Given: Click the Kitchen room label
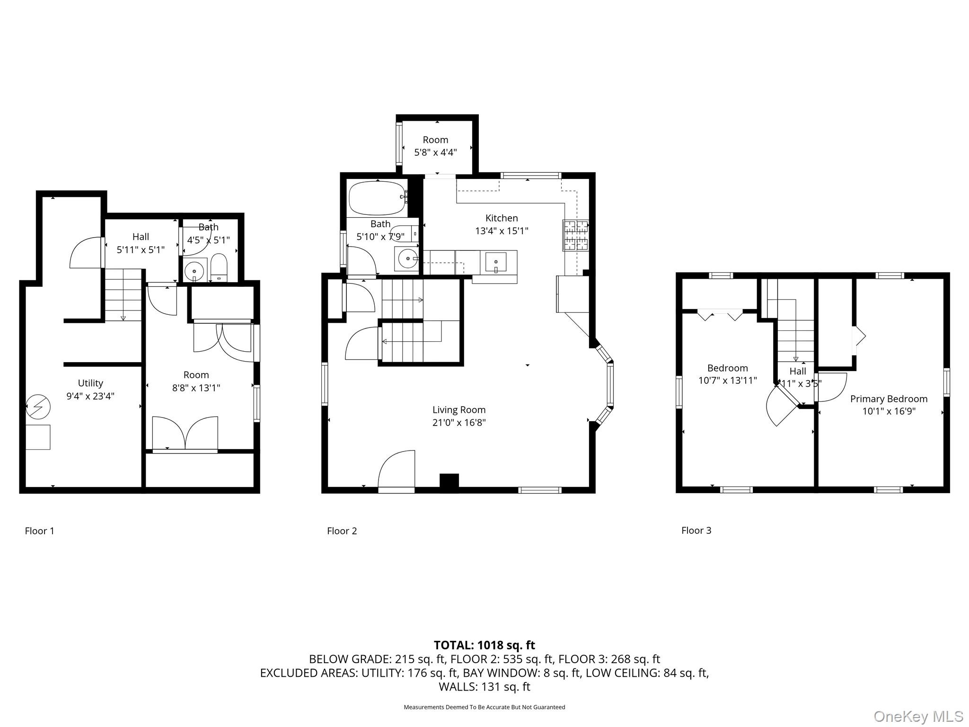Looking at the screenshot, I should pos(502,218).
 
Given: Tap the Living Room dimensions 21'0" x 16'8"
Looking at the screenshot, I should pos(459,423).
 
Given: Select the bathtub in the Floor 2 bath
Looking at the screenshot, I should pos(377,198).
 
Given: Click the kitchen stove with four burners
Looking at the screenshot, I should pos(575,235).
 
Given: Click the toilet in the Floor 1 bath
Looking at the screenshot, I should pos(219,268).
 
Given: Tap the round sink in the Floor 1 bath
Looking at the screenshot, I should pos(194,271).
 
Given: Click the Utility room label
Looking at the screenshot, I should pos(90,383).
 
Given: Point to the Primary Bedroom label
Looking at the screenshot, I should pos(889,399).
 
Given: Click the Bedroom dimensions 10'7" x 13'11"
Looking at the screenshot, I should pos(728,381).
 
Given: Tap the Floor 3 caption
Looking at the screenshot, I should pos(696,531).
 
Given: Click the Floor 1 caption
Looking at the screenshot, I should pos(39,531).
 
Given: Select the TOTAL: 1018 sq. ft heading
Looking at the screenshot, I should pos(484,645).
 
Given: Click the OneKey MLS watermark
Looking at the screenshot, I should pos(918,716).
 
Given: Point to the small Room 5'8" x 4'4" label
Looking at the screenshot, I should pos(435,146).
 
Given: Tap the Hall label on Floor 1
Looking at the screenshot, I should pos(141,237).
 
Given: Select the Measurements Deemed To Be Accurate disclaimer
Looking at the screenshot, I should pos(484,707).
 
